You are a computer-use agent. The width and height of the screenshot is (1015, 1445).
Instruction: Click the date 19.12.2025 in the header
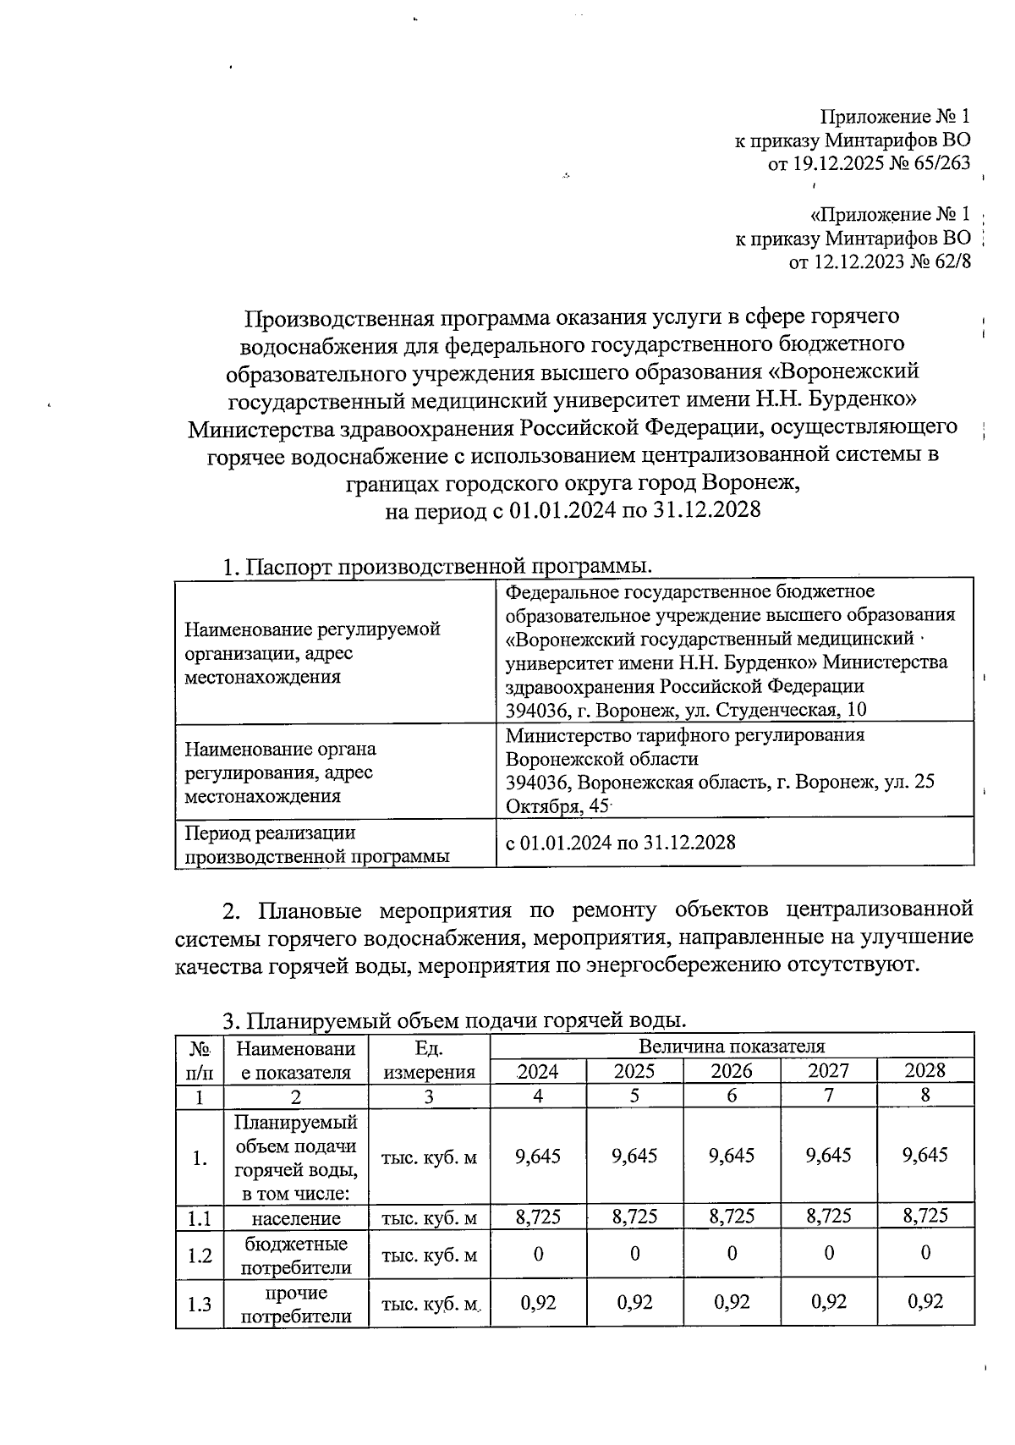834,163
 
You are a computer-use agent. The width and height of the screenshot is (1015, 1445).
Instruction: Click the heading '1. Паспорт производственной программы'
437,566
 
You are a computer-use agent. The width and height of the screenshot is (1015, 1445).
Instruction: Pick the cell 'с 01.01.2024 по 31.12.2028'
620,842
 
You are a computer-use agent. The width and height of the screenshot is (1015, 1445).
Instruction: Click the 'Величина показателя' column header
731,1047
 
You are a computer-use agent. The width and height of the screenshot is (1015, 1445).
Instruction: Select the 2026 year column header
731,1070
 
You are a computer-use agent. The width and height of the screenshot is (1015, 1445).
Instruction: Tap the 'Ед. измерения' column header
429,1059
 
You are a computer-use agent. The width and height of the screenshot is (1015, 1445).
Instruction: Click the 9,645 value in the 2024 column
537,1156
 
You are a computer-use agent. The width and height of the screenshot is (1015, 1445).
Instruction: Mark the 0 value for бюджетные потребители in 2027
828,1253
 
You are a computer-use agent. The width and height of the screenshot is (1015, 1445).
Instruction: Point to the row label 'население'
296,1217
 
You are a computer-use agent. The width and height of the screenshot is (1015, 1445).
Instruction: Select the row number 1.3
199,1304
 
